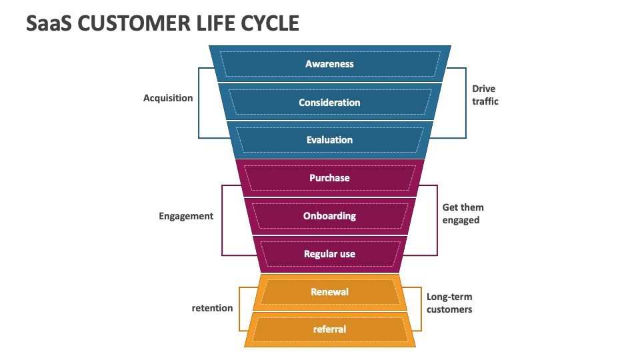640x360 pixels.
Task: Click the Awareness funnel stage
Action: (x=329, y=64)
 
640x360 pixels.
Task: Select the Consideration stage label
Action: (x=329, y=103)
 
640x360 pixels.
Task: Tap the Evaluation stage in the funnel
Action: (x=329, y=140)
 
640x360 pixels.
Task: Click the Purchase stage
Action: (x=329, y=178)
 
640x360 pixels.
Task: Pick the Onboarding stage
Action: (x=329, y=216)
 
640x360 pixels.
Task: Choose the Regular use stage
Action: (x=329, y=254)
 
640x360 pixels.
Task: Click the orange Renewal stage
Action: (x=329, y=292)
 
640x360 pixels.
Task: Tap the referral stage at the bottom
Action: (x=329, y=329)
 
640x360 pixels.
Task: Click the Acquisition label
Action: (x=168, y=98)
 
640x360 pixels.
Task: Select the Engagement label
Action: (x=186, y=216)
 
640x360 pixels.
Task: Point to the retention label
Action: (x=212, y=308)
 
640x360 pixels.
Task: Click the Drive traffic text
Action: (x=485, y=95)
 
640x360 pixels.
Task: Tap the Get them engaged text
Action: (x=463, y=214)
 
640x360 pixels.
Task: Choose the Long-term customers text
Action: (x=449, y=303)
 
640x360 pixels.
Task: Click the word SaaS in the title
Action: (x=49, y=23)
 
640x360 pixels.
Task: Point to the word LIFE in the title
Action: (x=206, y=23)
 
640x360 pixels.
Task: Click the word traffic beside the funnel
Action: (x=485, y=101)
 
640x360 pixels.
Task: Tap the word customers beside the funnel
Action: (x=449, y=310)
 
